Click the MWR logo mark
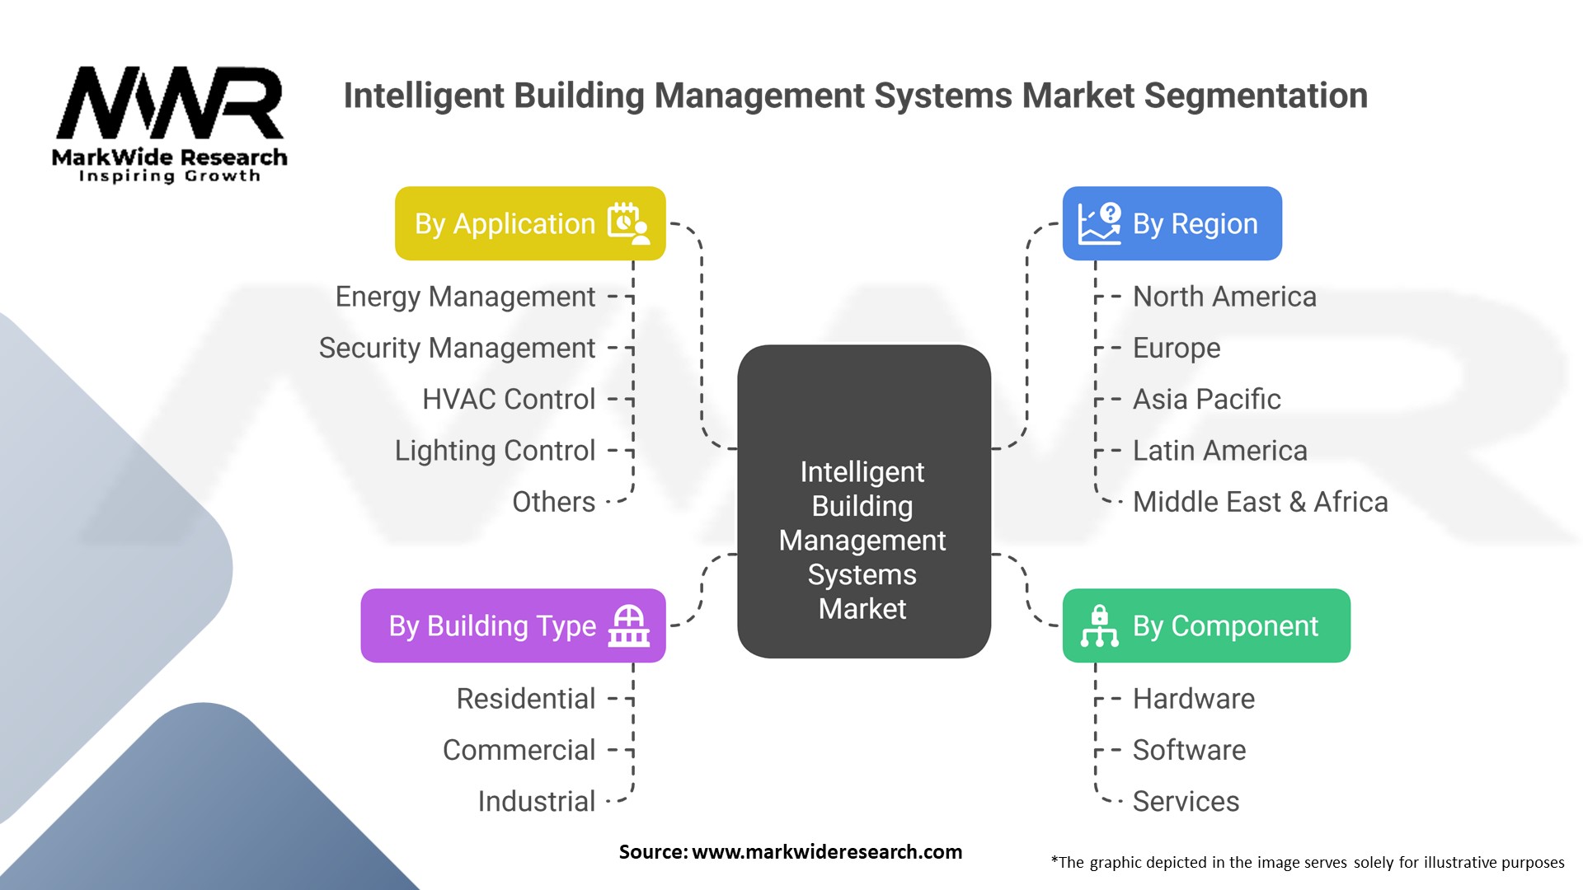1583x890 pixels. point(170,103)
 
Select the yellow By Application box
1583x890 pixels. point(529,223)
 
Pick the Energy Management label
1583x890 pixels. point(465,297)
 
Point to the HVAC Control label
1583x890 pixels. point(508,400)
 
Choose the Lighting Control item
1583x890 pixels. point(495,451)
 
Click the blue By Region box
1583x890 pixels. point(1172,223)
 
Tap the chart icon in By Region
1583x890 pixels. point(1100,223)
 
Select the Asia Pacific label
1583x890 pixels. point(1206,400)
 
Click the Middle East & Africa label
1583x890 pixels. point(1260,502)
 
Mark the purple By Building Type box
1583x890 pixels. point(513,625)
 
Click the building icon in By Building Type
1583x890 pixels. point(628,625)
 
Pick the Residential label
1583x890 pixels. point(526,699)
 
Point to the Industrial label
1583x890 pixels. point(537,801)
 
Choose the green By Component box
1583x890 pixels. point(1206,625)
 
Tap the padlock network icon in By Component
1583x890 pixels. point(1100,625)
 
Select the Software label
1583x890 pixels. point(1189,750)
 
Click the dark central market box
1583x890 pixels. point(863,501)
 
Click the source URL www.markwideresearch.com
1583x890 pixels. point(827,852)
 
